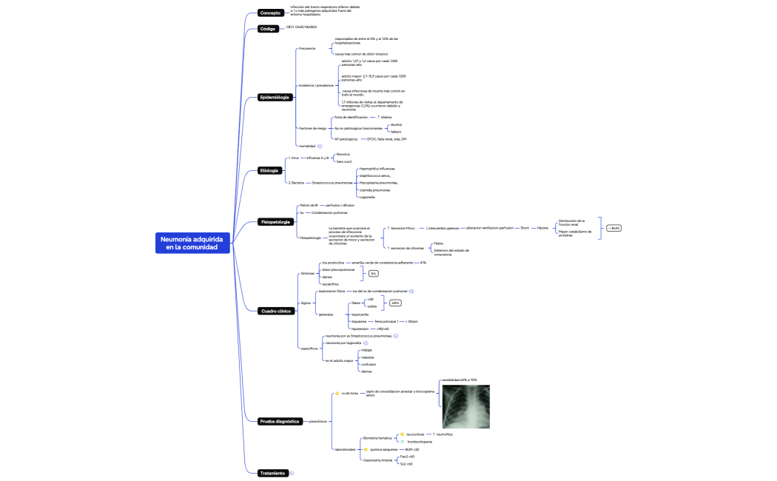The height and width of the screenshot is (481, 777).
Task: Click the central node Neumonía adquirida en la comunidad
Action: pyautogui.click(x=192, y=243)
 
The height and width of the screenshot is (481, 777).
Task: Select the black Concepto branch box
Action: pyautogui.click(x=271, y=13)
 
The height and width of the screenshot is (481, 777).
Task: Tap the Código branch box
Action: pyautogui.click(x=268, y=29)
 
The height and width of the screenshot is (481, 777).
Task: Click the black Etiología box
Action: pyautogui.click(x=269, y=171)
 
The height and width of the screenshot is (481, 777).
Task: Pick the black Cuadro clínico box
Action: pyautogui.click(x=276, y=311)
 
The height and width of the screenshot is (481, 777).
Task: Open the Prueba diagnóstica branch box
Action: pyautogui.click(x=280, y=421)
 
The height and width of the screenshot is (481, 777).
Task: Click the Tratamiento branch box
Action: pyautogui.click(x=272, y=473)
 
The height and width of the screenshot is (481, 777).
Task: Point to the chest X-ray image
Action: pyautogui.click(x=465, y=406)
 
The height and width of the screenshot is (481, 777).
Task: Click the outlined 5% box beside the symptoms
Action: pyautogui.click(x=374, y=274)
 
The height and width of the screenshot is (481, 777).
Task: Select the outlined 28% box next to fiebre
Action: pyautogui.click(x=396, y=303)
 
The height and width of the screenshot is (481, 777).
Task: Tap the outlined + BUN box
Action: pyautogui.click(x=613, y=228)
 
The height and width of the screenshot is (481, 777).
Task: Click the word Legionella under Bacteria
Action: pyautogui.click(x=366, y=197)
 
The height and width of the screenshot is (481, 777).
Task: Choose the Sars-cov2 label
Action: pyautogui.click(x=344, y=161)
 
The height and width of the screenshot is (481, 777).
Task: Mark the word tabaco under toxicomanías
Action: pyautogui.click(x=396, y=132)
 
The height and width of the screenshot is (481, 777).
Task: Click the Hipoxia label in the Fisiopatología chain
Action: pyautogui.click(x=542, y=228)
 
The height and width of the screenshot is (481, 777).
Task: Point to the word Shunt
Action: pyautogui.click(x=525, y=228)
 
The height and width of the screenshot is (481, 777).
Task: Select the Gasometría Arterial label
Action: pyautogui.click(x=377, y=460)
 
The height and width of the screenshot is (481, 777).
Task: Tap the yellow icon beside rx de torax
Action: pyautogui.click(x=337, y=394)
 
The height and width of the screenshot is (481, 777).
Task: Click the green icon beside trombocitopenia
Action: pyautogui.click(x=402, y=442)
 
